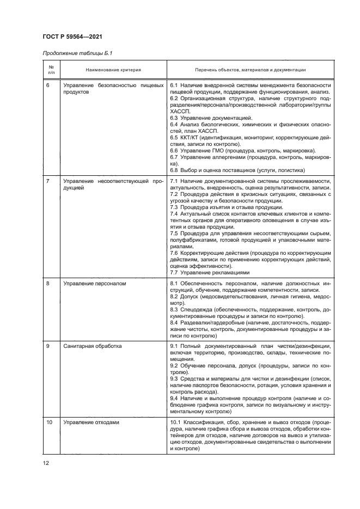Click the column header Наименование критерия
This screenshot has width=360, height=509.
tap(113, 70)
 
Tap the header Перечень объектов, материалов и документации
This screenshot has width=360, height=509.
tap(251, 70)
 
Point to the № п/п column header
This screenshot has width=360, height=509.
tap(51, 69)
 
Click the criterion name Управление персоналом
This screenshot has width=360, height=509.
tap(94, 284)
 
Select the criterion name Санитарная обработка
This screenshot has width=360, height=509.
tap(92, 346)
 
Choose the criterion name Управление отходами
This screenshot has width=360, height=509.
tap(91, 422)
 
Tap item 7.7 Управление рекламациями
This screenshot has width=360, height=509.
tap(210, 272)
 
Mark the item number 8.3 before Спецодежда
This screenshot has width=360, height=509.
tap(175, 309)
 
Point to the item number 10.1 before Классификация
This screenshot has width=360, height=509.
tap(177, 422)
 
